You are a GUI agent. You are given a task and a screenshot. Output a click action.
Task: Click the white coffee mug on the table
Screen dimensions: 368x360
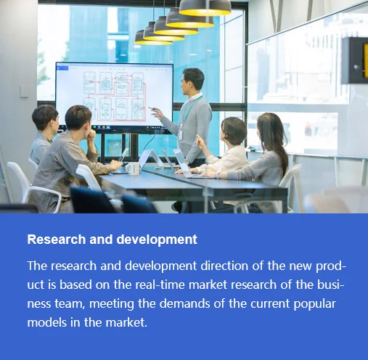(x=132, y=168)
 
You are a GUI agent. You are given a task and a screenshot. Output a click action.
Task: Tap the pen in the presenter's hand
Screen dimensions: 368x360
(x=152, y=108)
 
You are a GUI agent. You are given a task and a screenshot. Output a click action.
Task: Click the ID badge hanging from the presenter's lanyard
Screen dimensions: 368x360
(x=181, y=134)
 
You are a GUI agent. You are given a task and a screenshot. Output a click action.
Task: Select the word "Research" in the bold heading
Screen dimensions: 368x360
(x=57, y=240)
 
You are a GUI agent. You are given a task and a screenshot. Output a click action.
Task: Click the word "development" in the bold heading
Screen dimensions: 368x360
(x=157, y=240)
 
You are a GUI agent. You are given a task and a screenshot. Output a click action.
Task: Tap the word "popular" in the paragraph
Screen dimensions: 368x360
(x=314, y=304)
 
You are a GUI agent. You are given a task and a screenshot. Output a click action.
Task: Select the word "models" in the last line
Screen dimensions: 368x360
(x=46, y=322)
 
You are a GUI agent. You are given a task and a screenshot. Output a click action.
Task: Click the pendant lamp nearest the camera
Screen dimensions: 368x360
(x=205, y=8)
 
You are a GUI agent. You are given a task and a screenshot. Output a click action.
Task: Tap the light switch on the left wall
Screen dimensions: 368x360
(x=24, y=91)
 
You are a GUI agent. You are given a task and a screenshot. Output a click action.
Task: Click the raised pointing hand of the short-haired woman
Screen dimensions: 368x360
(x=200, y=140)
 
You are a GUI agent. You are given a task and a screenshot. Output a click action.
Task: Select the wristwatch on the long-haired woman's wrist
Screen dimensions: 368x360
(x=218, y=175)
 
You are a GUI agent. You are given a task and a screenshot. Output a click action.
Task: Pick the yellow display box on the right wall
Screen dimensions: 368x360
(x=355, y=60)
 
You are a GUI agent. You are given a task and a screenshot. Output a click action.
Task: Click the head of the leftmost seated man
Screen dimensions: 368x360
(x=46, y=119)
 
